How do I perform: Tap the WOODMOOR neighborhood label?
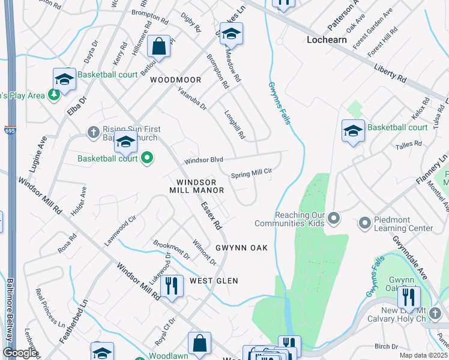(x=175, y=79)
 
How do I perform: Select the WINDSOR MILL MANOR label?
(x=200, y=186)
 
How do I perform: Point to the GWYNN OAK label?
(x=241, y=248)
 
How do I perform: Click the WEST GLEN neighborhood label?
(x=214, y=281)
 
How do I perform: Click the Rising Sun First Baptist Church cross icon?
(x=93, y=131)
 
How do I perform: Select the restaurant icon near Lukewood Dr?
(x=172, y=286)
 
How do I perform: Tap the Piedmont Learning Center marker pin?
(x=364, y=224)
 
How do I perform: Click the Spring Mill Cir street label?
(x=252, y=173)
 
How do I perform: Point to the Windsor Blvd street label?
(x=204, y=160)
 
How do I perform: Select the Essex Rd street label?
(x=212, y=216)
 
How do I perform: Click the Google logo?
(x=20, y=353)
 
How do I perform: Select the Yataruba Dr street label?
(x=192, y=99)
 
